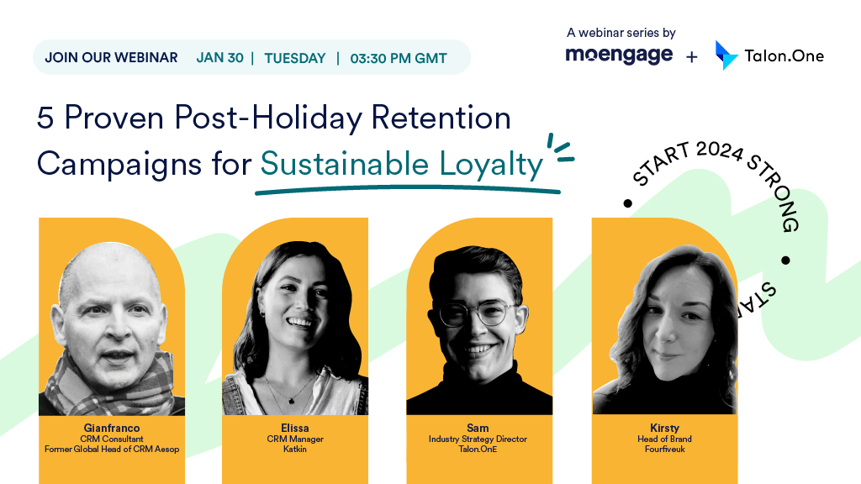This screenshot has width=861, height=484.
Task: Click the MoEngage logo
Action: coord(619,55)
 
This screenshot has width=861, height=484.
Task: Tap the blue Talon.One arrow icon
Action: coord(726,55)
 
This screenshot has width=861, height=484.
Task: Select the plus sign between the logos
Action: coord(692,56)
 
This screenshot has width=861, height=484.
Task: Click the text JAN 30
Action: coord(219,58)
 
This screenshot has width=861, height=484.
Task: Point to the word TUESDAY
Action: coord(295,58)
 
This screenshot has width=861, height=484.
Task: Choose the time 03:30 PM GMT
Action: coord(399,58)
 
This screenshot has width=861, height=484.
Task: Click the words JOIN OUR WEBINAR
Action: coord(112,58)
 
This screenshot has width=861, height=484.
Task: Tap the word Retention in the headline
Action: coord(441,118)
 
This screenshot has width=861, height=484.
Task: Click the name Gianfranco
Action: coord(112,428)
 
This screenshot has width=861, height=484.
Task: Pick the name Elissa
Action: coord(295,428)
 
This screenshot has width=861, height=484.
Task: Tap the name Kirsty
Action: coord(664,428)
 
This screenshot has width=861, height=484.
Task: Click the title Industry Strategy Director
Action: coord(478,439)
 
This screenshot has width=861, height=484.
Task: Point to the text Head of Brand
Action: coord(664,439)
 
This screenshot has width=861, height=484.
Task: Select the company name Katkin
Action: coord(295,449)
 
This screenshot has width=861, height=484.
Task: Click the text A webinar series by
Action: coord(621,33)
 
